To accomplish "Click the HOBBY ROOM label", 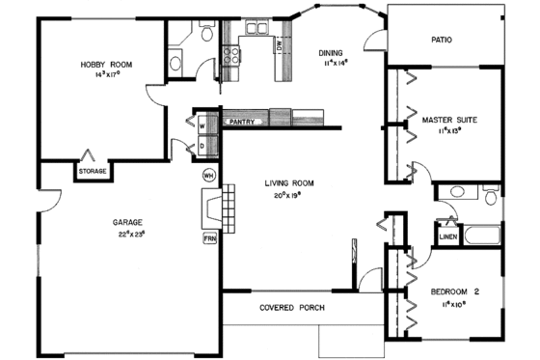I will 105,65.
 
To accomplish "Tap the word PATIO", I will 442,41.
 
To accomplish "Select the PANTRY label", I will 240,123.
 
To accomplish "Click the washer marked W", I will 203,125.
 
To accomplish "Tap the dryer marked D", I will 203,146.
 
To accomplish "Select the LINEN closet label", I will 447,235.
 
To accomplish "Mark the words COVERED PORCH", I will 291,308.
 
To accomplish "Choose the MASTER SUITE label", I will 449,120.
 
